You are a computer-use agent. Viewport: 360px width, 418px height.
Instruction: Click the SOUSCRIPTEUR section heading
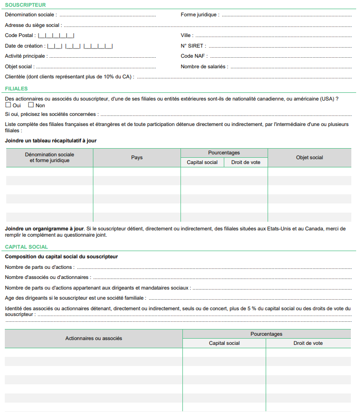click(x=25, y=5)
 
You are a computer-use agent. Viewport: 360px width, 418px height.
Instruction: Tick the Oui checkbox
click(x=8, y=105)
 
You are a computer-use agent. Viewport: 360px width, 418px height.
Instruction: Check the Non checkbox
click(x=31, y=105)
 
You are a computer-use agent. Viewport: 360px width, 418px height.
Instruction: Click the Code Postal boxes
click(x=56, y=36)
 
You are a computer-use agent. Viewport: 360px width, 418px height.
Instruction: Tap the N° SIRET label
click(x=193, y=46)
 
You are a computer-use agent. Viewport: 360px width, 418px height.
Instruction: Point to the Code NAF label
click(x=194, y=56)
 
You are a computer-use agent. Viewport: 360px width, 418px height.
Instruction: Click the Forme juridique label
click(x=200, y=15)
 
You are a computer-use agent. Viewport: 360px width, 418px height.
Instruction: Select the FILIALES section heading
click(x=16, y=89)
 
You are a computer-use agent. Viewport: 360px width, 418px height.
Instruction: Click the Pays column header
click(x=137, y=158)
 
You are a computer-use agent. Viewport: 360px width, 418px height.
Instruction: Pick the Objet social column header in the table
click(x=309, y=158)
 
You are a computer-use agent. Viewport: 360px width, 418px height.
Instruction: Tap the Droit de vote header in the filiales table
click(x=245, y=163)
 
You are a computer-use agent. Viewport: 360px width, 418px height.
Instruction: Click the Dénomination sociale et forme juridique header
click(x=50, y=157)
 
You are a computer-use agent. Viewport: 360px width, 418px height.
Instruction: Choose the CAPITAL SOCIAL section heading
click(x=26, y=247)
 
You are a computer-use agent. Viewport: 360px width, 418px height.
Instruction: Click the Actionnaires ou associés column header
click(x=93, y=339)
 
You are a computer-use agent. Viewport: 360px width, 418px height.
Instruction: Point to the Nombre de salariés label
click(x=204, y=67)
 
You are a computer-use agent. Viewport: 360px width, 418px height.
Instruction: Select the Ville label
click(x=187, y=36)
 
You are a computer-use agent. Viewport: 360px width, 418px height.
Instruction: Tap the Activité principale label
click(x=25, y=56)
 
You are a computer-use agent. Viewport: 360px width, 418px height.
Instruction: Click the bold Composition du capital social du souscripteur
click(x=61, y=257)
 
